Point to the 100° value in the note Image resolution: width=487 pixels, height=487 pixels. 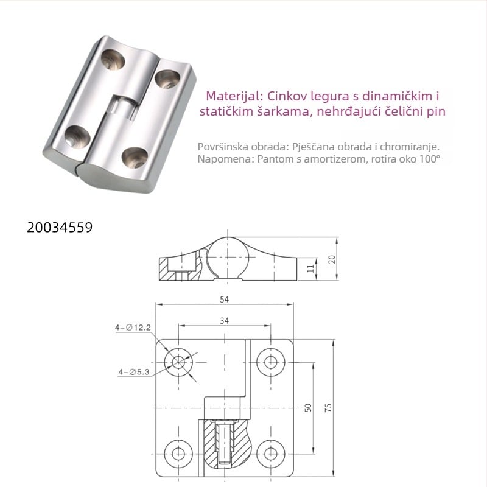(x=427, y=159)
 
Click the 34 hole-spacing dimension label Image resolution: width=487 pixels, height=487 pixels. (x=225, y=320)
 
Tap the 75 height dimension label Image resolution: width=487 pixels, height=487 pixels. (x=329, y=408)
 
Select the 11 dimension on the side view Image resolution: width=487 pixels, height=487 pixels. (x=310, y=268)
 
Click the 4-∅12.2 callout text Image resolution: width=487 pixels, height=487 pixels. (x=133, y=328)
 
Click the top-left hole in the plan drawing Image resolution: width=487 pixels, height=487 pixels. (x=178, y=362)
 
